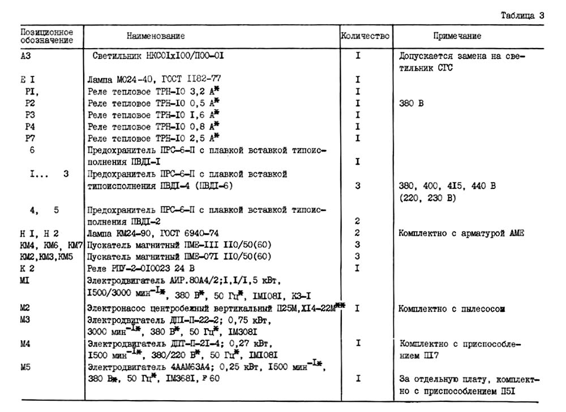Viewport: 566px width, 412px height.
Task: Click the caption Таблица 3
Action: pyautogui.click(x=522, y=15)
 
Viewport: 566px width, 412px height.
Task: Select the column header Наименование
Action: pyautogui.click(x=156, y=36)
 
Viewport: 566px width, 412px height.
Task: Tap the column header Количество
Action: pyautogui.click(x=365, y=36)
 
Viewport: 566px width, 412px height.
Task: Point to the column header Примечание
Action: pyautogui.click(x=457, y=36)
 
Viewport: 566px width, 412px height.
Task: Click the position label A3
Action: pyautogui.click(x=25, y=56)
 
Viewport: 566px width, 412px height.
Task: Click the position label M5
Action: pyautogui.click(x=26, y=367)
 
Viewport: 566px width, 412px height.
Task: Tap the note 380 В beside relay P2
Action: pyautogui.click(x=411, y=104)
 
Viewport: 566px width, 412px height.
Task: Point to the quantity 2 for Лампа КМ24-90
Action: pyautogui.click(x=358, y=233)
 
